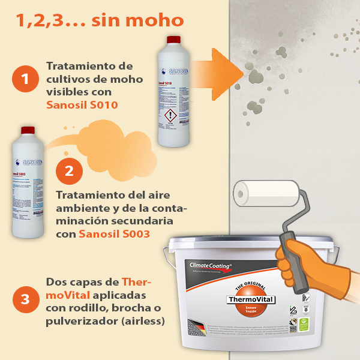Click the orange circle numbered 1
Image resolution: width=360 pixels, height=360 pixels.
click(25, 79)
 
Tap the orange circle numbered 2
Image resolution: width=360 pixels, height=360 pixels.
click(69, 170)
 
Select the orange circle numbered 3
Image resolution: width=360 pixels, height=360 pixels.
click(25, 299)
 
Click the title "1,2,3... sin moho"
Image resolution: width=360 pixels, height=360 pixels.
click(100, 21)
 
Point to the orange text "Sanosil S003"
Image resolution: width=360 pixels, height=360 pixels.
click(114, 234)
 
